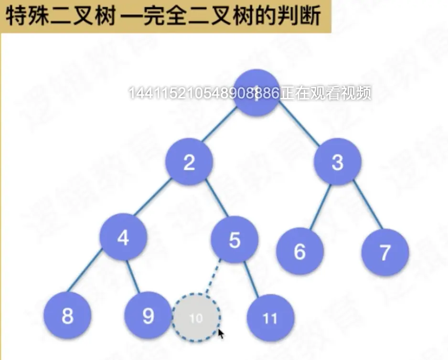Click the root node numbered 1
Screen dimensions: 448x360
point(257,94)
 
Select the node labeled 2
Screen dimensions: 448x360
point(189,163)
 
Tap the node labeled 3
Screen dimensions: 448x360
point(337,162)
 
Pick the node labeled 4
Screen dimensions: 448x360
point(123,237)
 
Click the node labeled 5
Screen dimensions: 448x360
point(235,240)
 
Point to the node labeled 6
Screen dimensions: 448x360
point(300,252)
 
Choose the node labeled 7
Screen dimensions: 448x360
point(385,253)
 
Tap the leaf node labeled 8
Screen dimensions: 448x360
point(67,316)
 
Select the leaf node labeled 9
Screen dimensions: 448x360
point(148,316)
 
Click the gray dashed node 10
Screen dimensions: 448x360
point(196,318)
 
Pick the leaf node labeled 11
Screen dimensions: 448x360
point(270,318)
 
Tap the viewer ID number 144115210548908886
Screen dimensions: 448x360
point(204,94)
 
